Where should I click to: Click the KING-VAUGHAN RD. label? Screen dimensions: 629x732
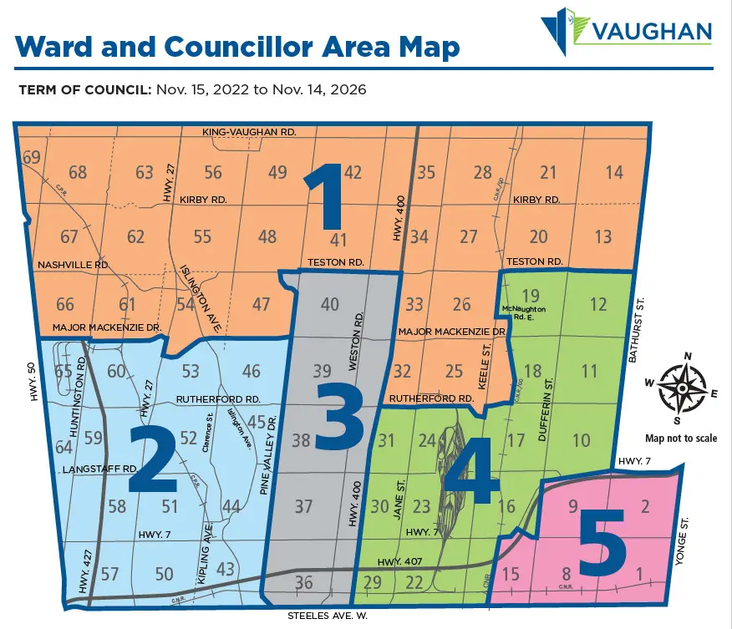pos(249,133)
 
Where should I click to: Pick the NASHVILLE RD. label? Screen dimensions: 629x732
pos(73,265)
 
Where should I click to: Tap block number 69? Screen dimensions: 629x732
pos(32,158)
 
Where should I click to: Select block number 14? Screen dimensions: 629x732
pos(614,173)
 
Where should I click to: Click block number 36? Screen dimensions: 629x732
pos(304,583)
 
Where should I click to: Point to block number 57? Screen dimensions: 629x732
pos(110,574)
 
